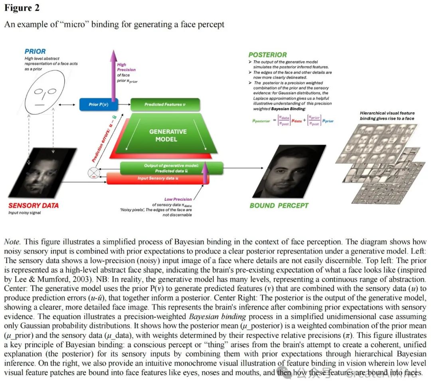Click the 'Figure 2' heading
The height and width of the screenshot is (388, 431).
pyautogui.click(x=22, y=8)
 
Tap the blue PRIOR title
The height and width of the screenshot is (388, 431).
pyautogui.click(x=35, y=51)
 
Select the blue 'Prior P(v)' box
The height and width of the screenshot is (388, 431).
pyautogui.click(x=98, y=105)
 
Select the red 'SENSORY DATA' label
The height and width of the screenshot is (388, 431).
pyautogui.click(x=34, y=206)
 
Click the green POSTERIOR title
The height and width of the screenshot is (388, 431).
pyautogui.click(x=267, y=55)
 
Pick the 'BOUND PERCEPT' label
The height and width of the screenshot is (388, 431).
pyautogui.click(x=279, y=206)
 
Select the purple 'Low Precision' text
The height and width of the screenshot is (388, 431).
pyautogui.click(x=178, y=199)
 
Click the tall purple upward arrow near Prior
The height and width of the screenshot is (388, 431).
pyautogui.click(x=112, y=76)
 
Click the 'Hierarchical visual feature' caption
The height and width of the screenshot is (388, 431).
pyautogui.click(x=387, y=113)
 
